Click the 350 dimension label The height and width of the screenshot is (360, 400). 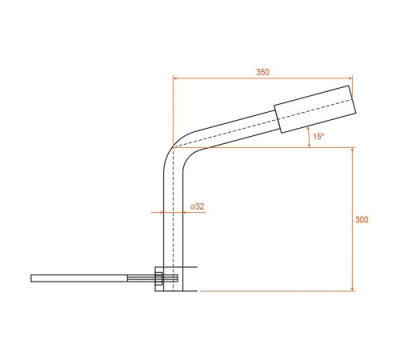click(262, 72)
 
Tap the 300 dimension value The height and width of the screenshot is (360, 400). click(362, 219)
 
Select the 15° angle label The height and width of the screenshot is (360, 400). click(318, 137)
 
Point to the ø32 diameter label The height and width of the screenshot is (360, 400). click(198, 206)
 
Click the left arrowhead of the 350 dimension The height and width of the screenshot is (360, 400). click(175, 78)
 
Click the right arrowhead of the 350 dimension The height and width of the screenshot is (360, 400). click(350, 78)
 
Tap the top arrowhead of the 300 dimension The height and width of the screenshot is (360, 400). click(352, 150)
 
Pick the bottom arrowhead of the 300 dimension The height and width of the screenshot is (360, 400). click(352, 289)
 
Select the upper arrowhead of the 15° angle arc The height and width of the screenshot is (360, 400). click(308, 129)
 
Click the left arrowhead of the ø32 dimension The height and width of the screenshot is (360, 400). click(161, 213)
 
